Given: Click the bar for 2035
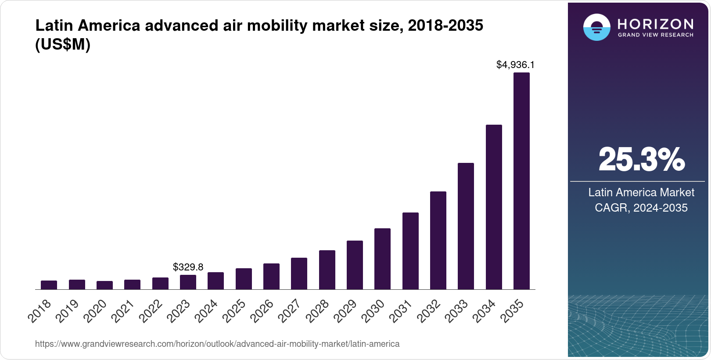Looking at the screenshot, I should [521, 181].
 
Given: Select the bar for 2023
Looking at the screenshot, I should [188, 282].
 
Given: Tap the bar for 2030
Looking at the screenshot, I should [382, 259].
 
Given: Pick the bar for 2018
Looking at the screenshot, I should [49, 285].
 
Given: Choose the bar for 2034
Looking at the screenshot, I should [494, 207].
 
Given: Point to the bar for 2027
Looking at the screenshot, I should [299, 274].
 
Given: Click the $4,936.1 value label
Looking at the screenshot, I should [515, 65].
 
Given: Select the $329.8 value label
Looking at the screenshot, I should [188, 267].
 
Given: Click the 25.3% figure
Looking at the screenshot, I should [641, 160].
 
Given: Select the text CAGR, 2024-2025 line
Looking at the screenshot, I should [641, 208].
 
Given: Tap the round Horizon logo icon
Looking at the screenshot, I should [596, 27].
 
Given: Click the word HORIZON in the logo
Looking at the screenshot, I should [655, 24].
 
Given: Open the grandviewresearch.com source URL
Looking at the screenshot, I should [217, 344].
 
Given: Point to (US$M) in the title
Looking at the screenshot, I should [62, 44].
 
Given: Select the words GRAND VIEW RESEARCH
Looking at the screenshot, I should [655, 35].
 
